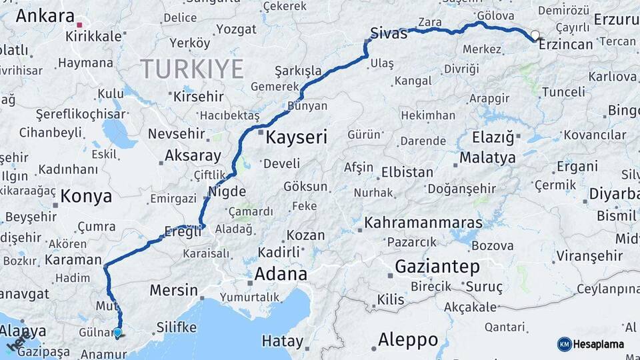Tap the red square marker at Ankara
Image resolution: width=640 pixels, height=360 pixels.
(79, 25)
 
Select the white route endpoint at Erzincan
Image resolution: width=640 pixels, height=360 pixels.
(535, 35)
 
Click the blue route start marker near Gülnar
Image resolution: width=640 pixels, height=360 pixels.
(117, 332)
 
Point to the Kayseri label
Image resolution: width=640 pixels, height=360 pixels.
(297, 138)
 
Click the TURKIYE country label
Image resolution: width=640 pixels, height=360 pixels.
(191, 68)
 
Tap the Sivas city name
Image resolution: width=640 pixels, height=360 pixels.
(389, 33)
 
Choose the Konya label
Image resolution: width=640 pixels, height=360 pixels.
(86, 196)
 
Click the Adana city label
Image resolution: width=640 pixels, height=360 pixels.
(281, 274)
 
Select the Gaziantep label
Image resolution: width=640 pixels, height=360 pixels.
(437, 267)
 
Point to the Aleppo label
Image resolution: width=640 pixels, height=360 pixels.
(408, 339)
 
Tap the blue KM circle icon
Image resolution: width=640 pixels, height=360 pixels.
(565, 344)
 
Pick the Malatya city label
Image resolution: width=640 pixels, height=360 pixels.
(487, 158)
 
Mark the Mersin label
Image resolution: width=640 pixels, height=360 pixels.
(173, 291)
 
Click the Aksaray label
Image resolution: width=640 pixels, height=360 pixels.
(193, 156)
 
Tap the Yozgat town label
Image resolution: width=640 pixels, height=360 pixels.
(236, 29)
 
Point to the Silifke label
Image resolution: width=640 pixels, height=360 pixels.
(176, 327)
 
